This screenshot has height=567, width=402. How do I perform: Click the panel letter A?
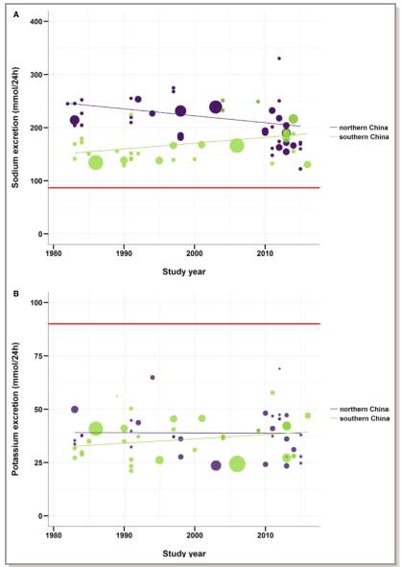click(x=16, y=14)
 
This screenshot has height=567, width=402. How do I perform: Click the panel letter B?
click(x=16, y=294)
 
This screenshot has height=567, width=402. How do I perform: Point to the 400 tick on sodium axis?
click(x=36, y=21)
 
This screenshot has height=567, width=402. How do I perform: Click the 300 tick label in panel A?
click(x=36, y=75)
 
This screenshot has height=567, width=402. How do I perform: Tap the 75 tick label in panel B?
click(x=38, y=356)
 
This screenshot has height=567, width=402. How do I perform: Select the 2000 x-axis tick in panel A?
click(x=195, y=252)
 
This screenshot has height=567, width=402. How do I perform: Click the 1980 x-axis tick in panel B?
click(x=53, y=534)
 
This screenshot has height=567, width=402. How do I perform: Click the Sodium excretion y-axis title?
click(x=15, y=128)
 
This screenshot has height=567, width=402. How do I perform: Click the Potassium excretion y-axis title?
click(x=15, y=409)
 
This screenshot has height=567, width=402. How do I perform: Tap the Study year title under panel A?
click(x=184, y=272)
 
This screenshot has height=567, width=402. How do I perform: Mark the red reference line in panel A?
click(x=184, y=188)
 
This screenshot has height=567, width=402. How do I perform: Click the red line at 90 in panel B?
click(x=184, y=323)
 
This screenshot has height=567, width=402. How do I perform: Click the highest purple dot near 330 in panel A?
click(x=279, y=59)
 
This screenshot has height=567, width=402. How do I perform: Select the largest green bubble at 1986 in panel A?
click(x=96, y=163)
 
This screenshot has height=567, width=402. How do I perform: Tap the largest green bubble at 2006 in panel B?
click(x=237, y=464)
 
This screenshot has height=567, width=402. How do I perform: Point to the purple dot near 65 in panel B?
click(x=153, y=377)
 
